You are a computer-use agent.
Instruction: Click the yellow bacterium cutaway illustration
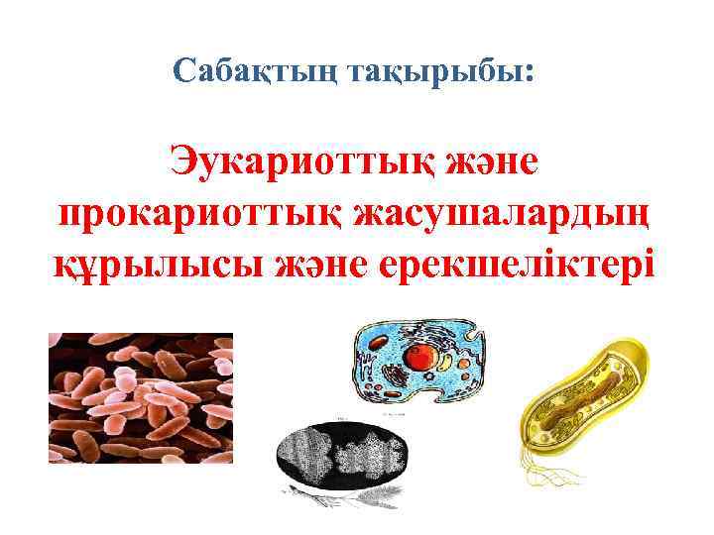tap(586, 396)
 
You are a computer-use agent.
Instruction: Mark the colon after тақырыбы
tap(536, 72)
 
